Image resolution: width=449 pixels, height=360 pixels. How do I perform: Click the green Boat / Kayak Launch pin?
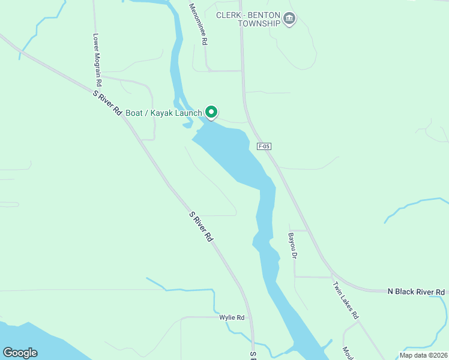(x=211, y=112)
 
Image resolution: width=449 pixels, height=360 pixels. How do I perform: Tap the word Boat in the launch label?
(x=135, y=112)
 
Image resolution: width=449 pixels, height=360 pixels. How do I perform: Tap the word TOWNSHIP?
(x=259, y=24)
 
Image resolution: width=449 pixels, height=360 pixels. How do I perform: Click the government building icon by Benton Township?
(x=290, y=19)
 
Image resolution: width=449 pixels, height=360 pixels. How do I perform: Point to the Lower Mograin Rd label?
(x=97, y=59)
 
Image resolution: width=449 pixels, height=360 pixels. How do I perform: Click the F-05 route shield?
(x=264, y=146)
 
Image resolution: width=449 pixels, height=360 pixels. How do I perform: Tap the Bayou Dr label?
(x=292, y=246)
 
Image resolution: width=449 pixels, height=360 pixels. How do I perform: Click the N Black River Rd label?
(x=416, y=292)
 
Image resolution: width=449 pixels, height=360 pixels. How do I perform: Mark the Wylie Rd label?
(x=232, y=317)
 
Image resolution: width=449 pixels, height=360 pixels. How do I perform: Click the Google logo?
(x=20, y=352)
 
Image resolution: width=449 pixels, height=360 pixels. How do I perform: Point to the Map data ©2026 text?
(x=423, y=355)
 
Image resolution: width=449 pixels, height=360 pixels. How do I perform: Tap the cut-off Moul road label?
(x=346, y=353)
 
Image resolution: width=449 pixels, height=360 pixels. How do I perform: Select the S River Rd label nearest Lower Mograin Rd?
(x=108, y=103)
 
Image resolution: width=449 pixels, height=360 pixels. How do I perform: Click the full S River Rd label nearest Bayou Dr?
(x=201, y=226)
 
